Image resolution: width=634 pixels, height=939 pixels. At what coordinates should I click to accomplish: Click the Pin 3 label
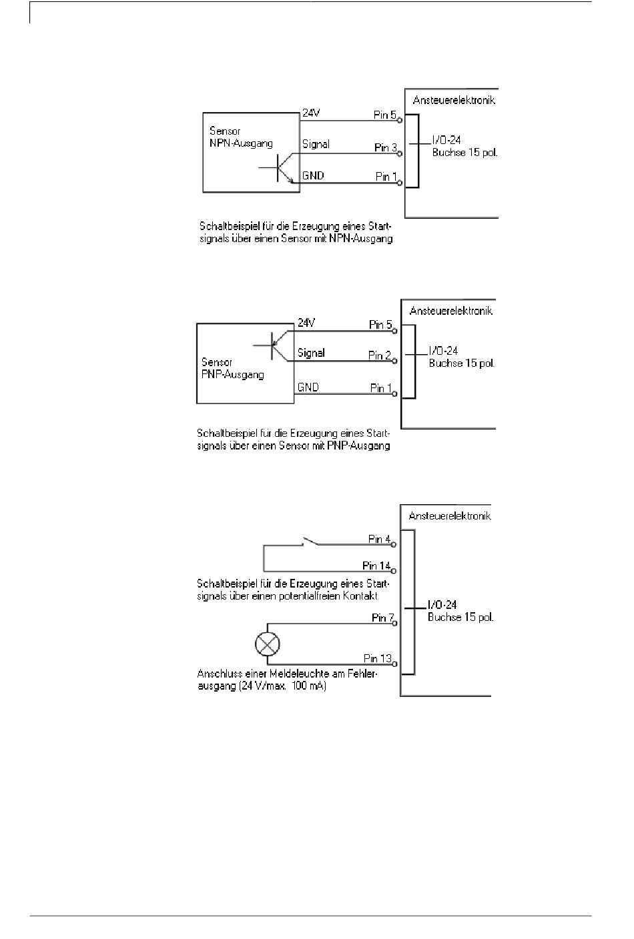coord(386,147)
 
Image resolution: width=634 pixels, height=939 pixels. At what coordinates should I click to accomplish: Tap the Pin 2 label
coord(380,355)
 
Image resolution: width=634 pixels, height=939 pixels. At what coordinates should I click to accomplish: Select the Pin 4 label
coord(379,539)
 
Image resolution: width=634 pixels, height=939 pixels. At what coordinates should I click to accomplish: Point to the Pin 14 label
coord(376,566)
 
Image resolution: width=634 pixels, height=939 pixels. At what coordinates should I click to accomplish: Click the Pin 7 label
coord(382,618)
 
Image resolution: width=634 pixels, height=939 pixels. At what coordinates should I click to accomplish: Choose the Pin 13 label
coord(378,658)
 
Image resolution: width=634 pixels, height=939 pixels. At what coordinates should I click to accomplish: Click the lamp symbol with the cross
coord(268,644)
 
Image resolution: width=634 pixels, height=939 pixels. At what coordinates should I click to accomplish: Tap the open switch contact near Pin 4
coord(310,541)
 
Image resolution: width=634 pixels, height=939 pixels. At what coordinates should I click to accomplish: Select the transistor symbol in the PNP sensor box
coord(271,345)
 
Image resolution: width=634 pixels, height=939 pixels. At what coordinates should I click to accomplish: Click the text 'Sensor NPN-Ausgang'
coord(241,137)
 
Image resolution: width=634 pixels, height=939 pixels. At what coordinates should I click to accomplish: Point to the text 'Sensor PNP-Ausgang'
coord(232,368)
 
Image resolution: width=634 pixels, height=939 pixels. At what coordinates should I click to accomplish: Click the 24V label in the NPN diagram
coord(311,113)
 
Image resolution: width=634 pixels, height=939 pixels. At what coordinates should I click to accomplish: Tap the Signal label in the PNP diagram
coord(311,353)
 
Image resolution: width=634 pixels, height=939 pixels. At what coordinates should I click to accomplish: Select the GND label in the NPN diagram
coord(313,175)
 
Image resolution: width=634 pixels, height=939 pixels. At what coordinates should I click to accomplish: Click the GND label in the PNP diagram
coord(308,387)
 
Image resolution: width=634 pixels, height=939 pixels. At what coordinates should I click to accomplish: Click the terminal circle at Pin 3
coord(400,154)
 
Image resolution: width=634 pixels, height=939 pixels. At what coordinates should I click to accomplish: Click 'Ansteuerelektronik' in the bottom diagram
coord(450,516)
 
